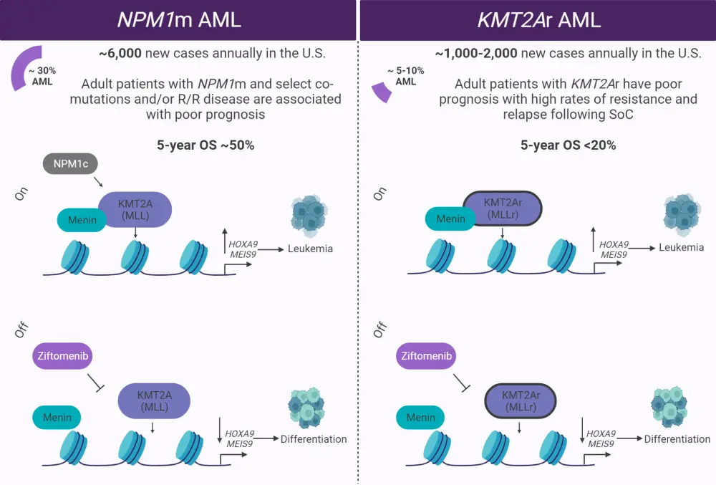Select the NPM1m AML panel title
tap(179, 19)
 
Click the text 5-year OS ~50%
tap(205, 145)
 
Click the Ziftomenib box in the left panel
tap(64, 355)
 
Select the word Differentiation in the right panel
tap(677, 438)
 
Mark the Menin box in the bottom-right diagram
tap(420, 418)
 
